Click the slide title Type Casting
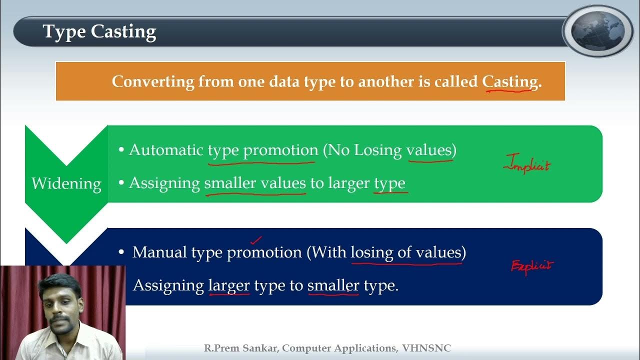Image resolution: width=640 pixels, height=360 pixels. [x=99, y=31]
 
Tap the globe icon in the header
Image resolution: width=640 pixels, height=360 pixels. [x=598, y=31]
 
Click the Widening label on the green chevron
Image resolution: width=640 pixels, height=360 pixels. [x=66, y=183]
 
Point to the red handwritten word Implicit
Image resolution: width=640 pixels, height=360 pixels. [x=527, y=164]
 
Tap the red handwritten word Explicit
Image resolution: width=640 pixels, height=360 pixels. [x=532, y=266]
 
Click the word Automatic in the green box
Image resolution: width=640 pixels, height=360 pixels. [x=166, y=150]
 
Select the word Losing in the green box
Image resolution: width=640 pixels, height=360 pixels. [x=378, y=150]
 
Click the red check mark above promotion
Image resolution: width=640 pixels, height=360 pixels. [x=256, y=241]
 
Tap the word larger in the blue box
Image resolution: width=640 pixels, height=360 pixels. [x=229, y=285]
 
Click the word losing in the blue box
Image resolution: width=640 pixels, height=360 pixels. [x=372, y=252]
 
